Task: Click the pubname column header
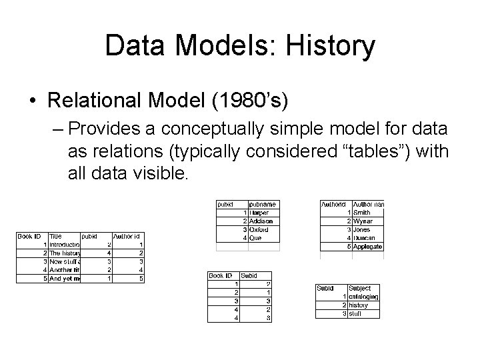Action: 262,204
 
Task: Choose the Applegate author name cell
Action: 368,246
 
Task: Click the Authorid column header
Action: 333,204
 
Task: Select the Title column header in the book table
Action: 56,236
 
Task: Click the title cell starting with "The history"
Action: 65,253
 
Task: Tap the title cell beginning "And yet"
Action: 65,279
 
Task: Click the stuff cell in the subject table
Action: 356,313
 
